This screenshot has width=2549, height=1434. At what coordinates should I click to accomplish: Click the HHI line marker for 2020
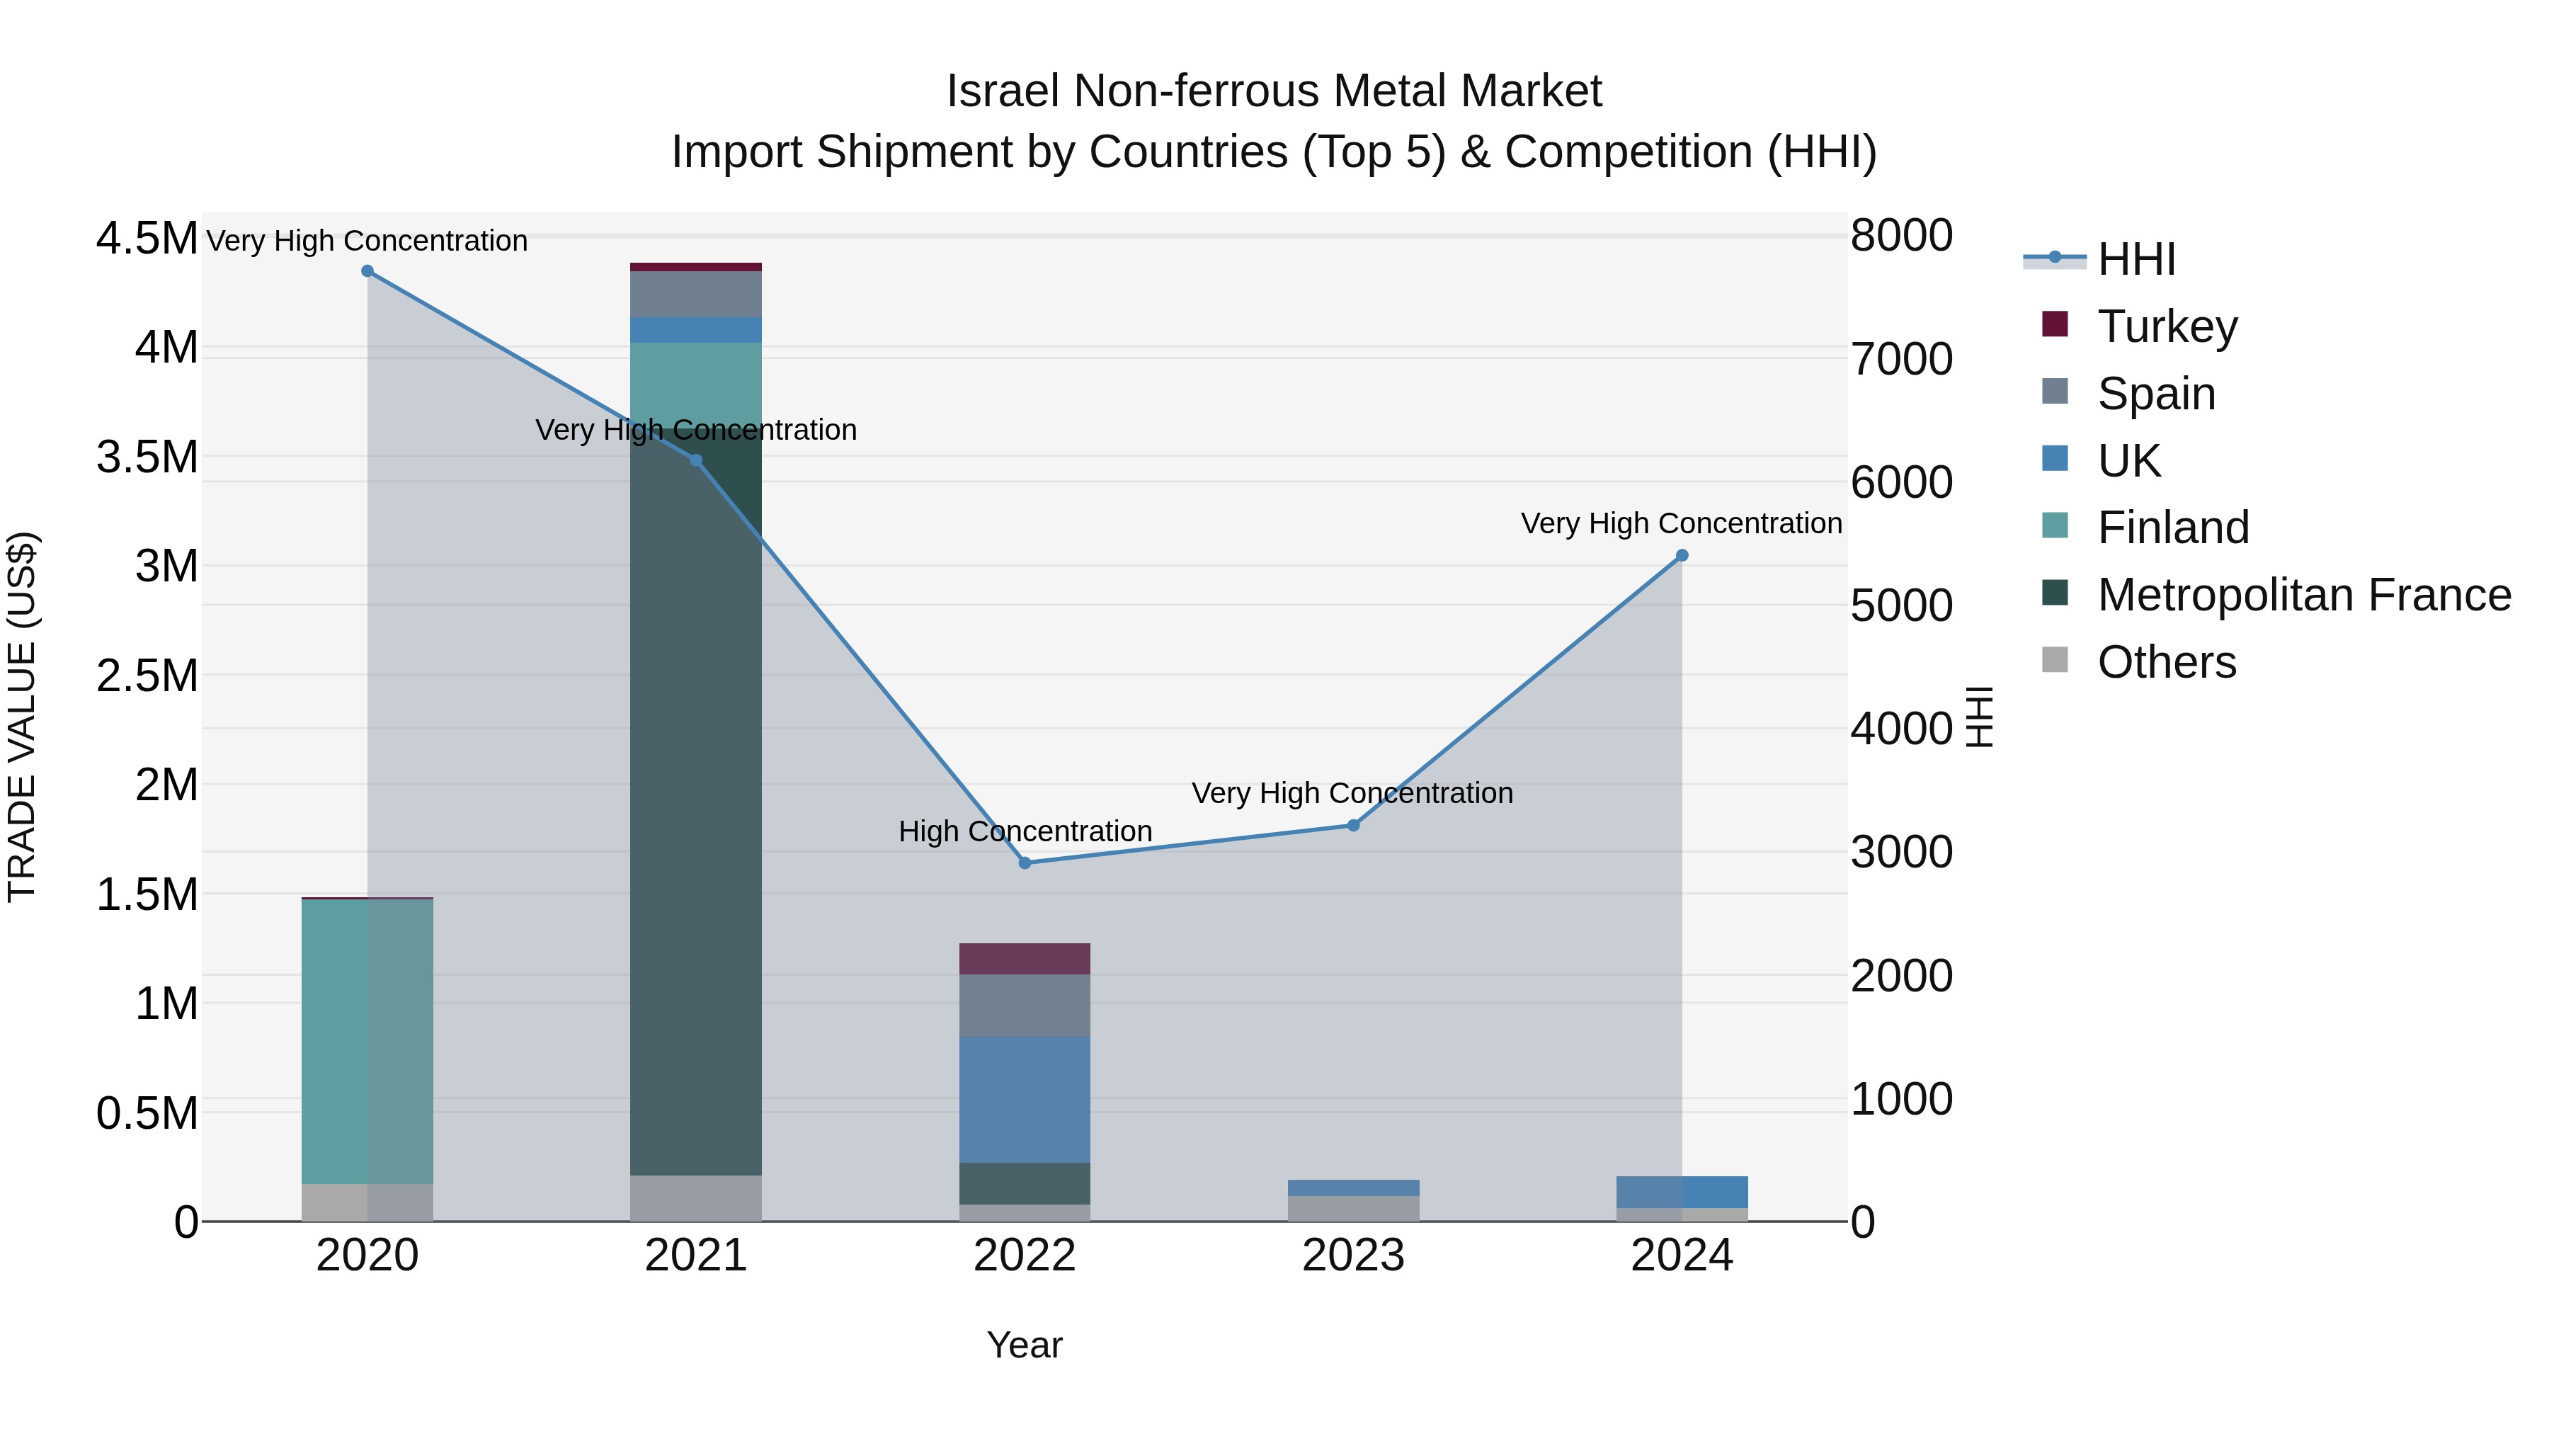[367, 271]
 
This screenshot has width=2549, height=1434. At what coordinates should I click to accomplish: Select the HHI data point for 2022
[1025, 863]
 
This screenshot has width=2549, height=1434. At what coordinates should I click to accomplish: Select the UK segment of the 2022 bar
[1025, 1098]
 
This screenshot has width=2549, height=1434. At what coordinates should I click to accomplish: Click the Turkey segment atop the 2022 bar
[1025, 958]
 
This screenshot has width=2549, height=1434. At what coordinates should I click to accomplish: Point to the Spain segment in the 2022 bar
[1025, 1006]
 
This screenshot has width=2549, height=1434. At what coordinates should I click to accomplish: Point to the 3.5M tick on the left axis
[147, 457]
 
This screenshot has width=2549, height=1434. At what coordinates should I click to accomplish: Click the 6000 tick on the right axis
[1901, 482]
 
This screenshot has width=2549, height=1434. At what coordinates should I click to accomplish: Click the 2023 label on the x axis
[1352, 1256]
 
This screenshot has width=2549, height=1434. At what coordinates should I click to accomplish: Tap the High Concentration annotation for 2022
[1025, 831]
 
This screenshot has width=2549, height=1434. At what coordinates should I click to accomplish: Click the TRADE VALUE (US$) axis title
[22, 717]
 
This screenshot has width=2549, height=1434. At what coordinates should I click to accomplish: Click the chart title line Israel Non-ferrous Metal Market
[1274, 91]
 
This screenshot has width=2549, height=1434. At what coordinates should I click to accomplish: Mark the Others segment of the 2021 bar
[695, 1197]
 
